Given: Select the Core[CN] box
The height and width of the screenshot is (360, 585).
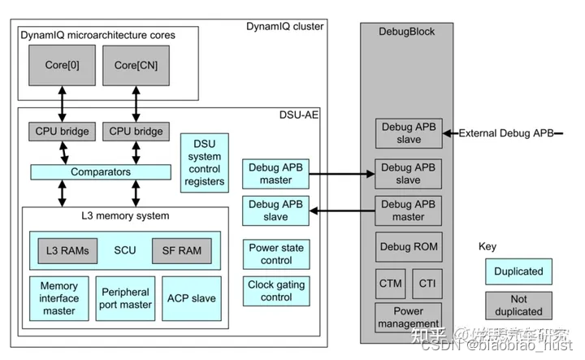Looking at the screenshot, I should [136, 66].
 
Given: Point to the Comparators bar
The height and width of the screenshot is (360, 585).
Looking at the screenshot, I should [101, 172].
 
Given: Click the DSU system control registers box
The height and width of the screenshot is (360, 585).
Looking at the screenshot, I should [205, 163].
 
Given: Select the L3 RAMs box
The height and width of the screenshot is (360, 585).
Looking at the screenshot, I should [68, 251].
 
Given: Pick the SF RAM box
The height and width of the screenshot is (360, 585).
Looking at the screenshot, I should [181, 251].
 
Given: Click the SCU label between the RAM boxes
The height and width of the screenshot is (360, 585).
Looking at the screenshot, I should [125, 251].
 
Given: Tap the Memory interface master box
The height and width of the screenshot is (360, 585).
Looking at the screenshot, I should [58, 298].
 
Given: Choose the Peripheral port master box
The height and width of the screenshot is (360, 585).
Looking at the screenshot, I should [124, 298].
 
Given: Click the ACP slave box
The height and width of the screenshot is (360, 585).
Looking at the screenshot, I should [193, 298].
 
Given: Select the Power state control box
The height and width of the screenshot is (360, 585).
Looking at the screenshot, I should [276, 254].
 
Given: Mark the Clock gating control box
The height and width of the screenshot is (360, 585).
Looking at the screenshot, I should [276, 292].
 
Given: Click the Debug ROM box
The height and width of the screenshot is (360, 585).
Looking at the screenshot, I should [409, 247].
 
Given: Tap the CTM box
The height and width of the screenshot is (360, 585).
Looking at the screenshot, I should [390, 284].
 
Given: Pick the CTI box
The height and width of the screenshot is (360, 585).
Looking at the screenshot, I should [427, 284].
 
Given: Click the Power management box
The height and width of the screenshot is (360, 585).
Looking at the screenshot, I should [409, 316].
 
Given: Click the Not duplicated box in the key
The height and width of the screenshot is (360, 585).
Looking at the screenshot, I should [518, 306].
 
